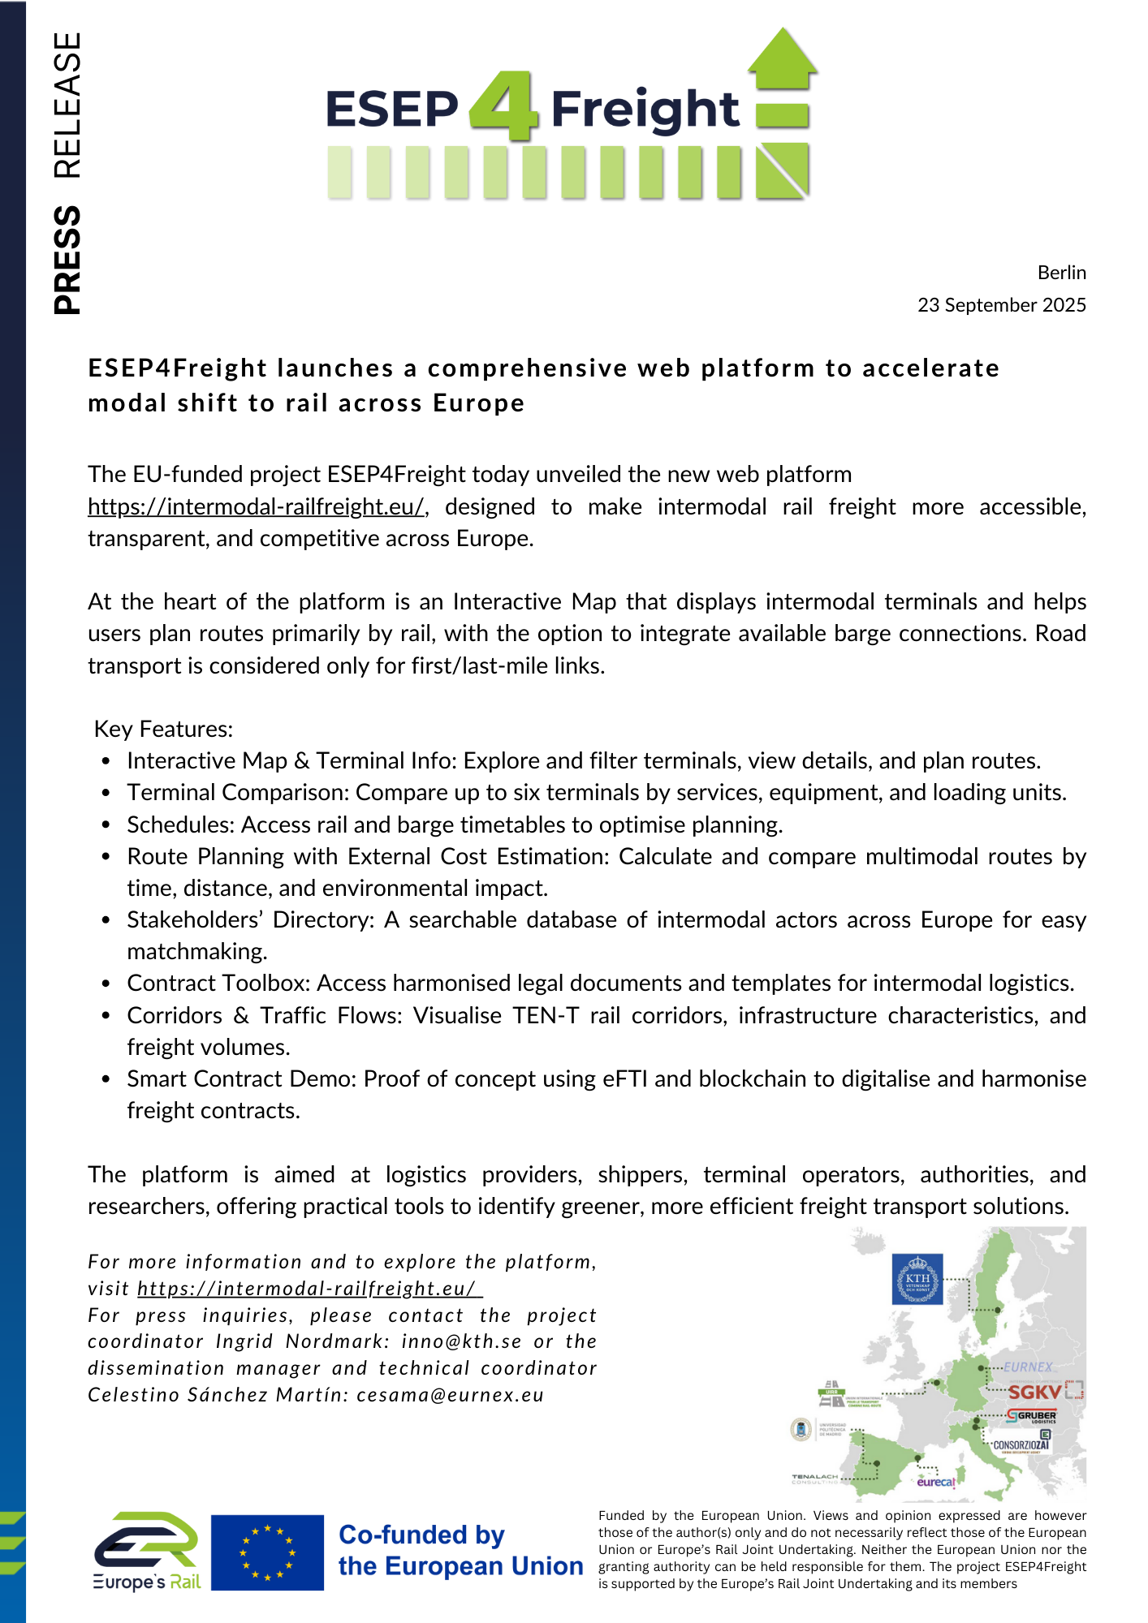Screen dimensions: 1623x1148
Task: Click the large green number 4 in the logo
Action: tap(503, 105)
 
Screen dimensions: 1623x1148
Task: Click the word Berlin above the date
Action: tap(1061, 273)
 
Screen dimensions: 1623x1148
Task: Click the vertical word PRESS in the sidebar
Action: tap(67, 260)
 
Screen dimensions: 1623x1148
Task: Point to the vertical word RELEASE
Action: tap(67, 105)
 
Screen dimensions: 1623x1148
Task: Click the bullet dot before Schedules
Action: tap(106, 825)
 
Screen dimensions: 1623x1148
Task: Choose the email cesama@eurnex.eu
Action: tap(450, 1395)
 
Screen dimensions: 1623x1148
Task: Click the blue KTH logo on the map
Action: tap(917, 1279)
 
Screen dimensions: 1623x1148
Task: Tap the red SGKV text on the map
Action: tap(1034, 1392)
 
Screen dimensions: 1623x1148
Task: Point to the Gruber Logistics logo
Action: tap(1032, 1417)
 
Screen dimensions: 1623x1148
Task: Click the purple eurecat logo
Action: tap(936, 1482)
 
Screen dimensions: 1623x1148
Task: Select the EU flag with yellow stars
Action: tap(267, 1552)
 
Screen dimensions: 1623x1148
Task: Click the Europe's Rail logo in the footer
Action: tap(147, 1551)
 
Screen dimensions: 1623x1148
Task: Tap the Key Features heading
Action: tap(164, 729)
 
